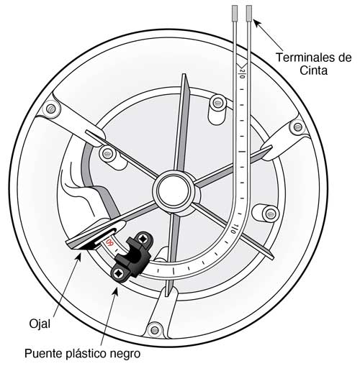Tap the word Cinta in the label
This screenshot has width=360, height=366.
[x=314, y=70]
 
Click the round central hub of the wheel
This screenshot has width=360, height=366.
[x=174, y=191]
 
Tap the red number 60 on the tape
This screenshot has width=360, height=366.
[x=109, y=242]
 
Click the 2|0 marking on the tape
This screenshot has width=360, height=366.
[x=242, y=74]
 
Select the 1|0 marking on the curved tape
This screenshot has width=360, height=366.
[x=233, y=229]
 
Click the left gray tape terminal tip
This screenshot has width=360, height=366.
[x=235, y=13]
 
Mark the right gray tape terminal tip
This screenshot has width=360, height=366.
[x=249, y=13]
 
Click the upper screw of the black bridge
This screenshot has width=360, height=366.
[x=143, y=239]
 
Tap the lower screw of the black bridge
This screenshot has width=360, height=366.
[x=118, y=273]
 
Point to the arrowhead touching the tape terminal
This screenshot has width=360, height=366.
[x=256, y=23]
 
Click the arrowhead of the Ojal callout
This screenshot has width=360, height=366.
[x=78, y=258]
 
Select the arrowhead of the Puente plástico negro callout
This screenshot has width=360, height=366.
[x=116, y=290]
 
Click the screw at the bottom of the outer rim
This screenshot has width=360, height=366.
[x=154, y=330]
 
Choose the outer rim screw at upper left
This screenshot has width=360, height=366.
[x=51, y=109]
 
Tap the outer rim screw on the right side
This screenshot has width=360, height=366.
[x=297, y=127]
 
